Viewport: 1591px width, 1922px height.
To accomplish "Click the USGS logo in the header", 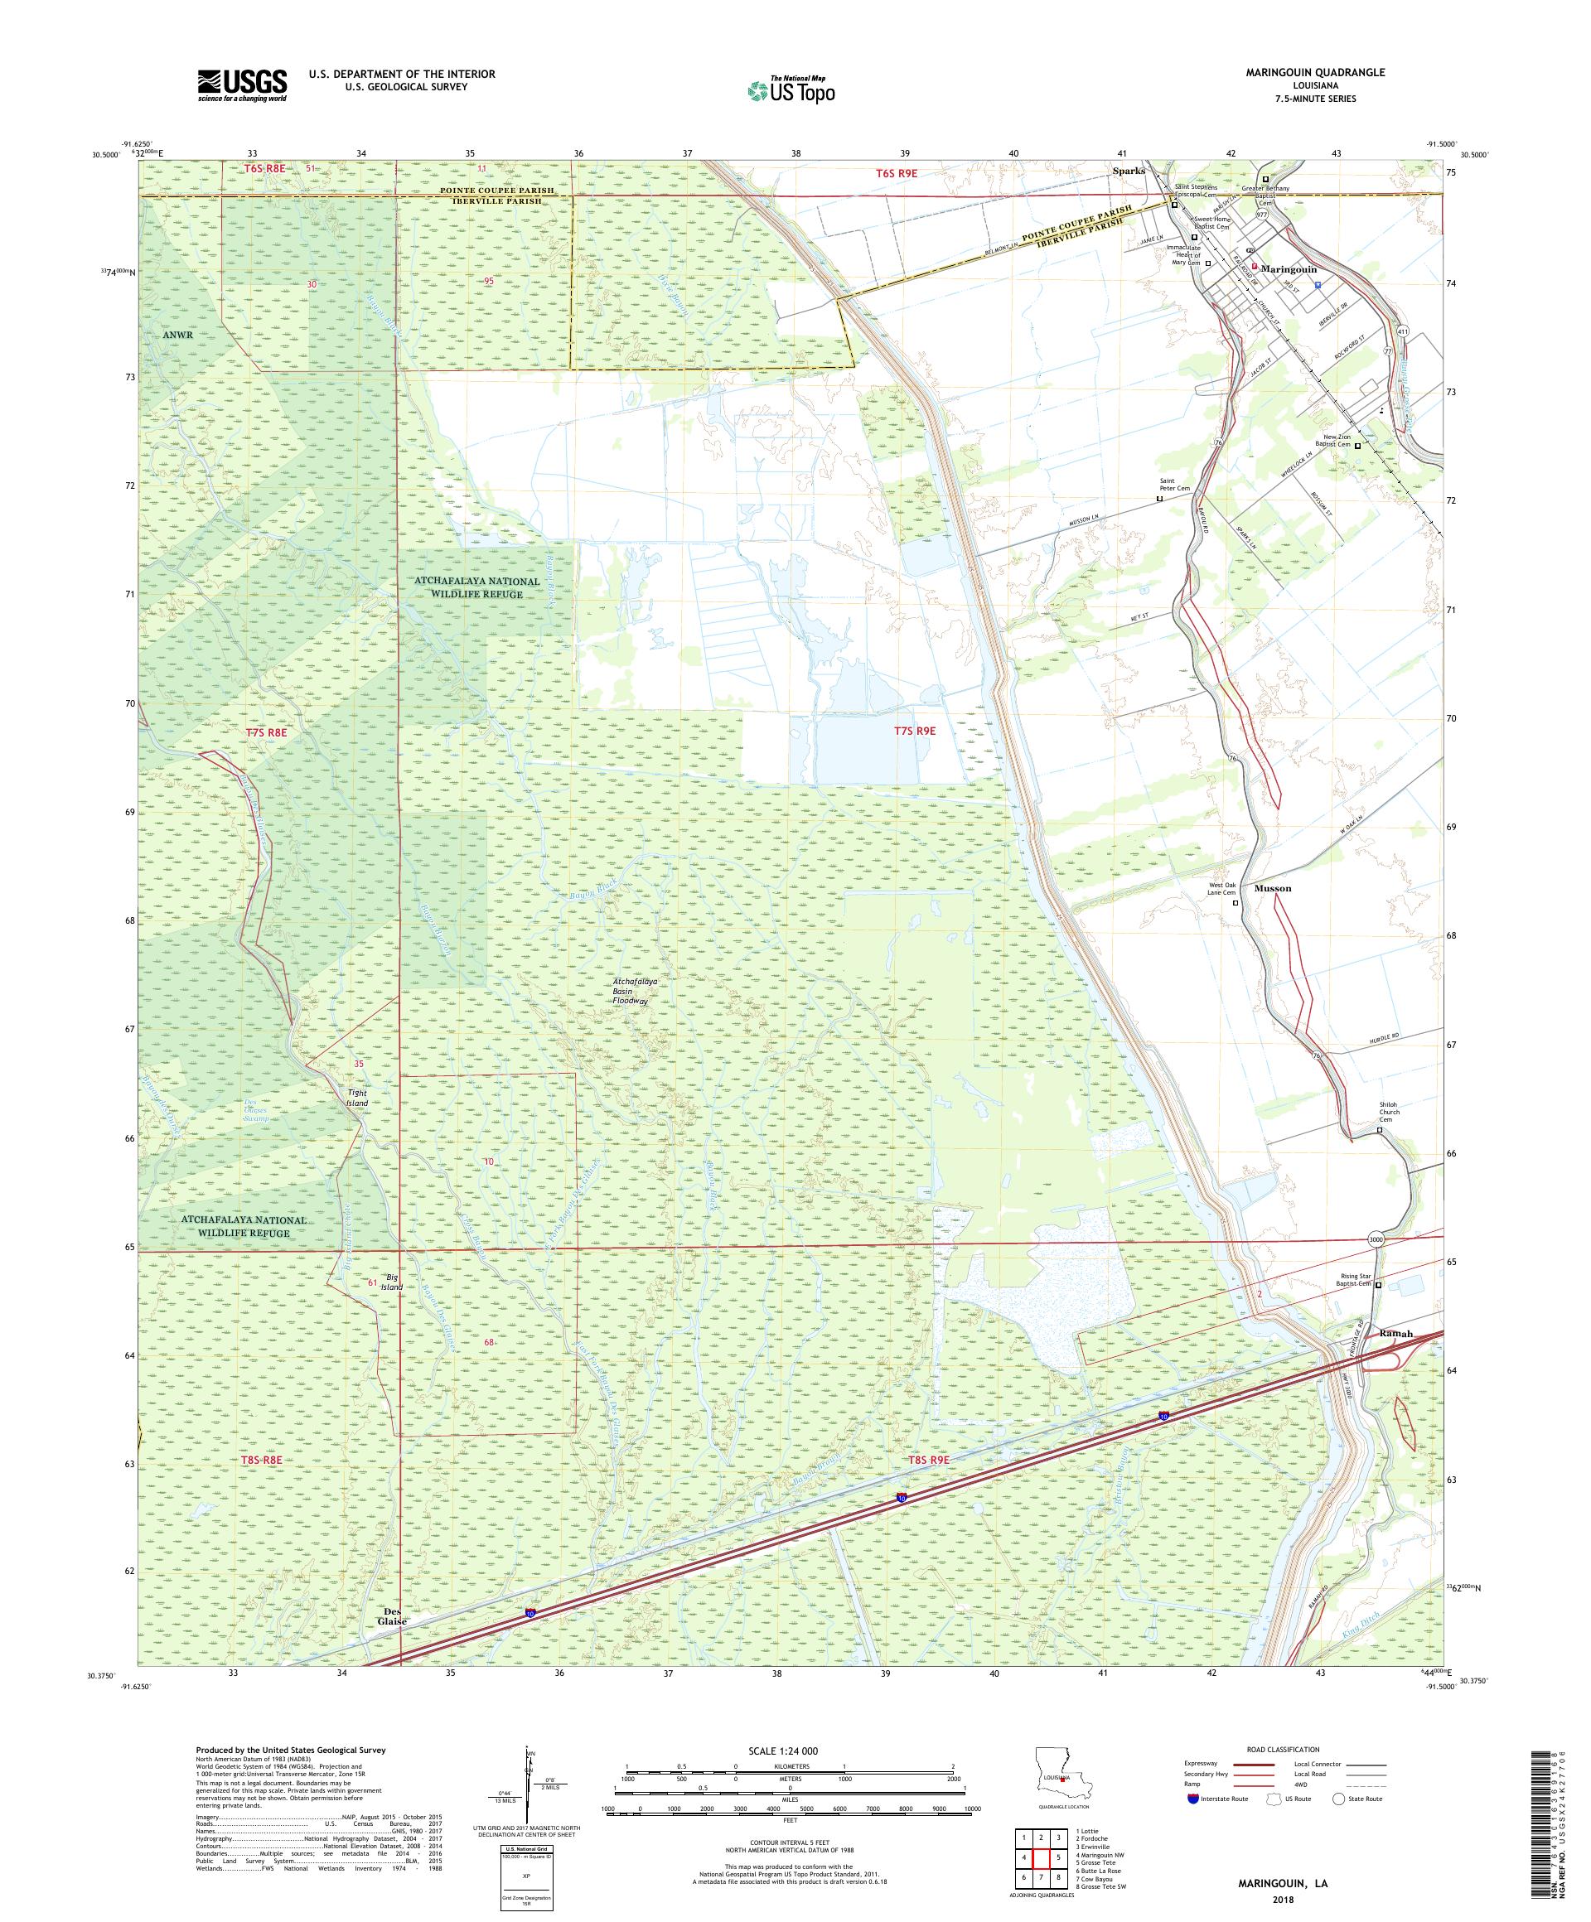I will [x=242, y=85].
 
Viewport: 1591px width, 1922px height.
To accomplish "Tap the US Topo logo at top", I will [x=792, y=89].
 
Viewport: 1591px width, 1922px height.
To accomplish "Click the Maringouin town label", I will [x=1289, y=269].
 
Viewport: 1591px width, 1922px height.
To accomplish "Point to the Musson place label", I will [x=1273, y=888].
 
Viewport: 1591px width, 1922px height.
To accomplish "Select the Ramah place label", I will [x=1396, y=1334].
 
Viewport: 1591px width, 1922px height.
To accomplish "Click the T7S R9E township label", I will [x=915, y=731].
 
